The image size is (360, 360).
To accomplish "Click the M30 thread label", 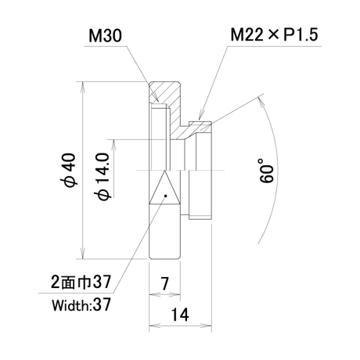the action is click(105, 36).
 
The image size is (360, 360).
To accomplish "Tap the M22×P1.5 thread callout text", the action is click(274, 34).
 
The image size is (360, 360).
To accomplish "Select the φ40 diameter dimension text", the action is click(70, 170).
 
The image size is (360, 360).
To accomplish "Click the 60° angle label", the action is click(266, 171).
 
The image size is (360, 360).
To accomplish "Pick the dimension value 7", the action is click(164, 283).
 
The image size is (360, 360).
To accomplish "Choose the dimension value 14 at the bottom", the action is click(180, 315).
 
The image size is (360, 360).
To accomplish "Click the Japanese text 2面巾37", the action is click(81, 282).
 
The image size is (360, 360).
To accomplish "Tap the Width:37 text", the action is click(81, 304).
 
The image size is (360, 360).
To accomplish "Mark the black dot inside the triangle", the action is click(165, 196).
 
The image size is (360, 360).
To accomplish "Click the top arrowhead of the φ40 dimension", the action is click(83, 87).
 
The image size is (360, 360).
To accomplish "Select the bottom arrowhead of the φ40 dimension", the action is click(83, 254).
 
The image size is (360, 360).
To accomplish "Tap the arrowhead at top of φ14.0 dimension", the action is click(113, 145).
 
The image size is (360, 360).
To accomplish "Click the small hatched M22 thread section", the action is click(200, 127).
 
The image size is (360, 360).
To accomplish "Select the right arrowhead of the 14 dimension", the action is click(207, 326).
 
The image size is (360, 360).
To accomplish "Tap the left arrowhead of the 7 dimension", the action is click(154, 294).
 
